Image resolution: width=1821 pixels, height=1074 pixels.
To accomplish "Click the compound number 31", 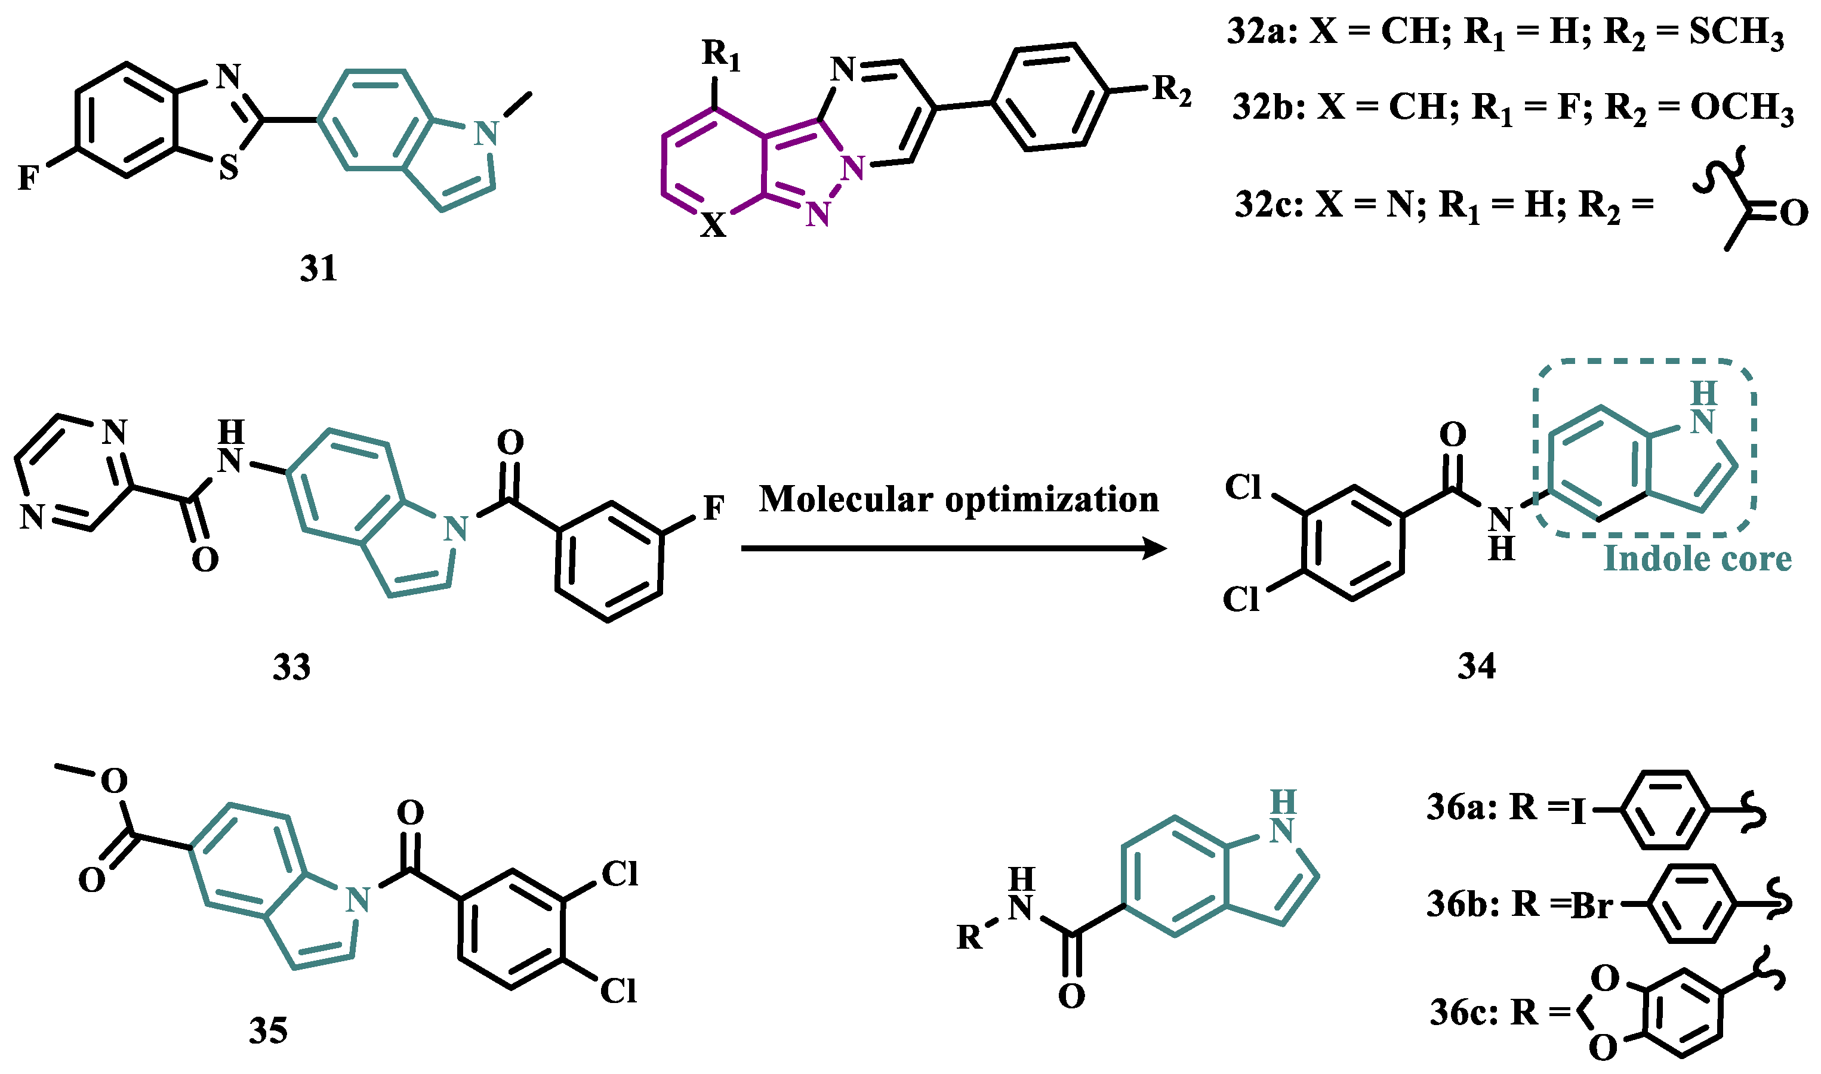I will click(319, 269).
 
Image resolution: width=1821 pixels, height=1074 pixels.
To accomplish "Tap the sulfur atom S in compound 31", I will click(229, 169).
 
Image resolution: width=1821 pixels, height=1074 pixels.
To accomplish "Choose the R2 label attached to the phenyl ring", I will click(1172, 91).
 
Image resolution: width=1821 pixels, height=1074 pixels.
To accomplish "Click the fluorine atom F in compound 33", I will click(714, 508).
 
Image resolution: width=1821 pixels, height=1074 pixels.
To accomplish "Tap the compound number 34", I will click(1477, 666).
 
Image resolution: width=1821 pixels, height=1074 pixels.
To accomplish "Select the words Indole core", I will click(1697, 558).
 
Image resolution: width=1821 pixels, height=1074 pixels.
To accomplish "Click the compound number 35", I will click(268, 1030).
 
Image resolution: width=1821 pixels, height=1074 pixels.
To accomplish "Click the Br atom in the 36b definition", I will click(1592, 905).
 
